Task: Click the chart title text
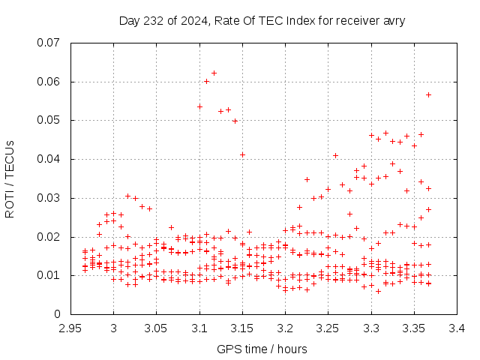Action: (262, 20)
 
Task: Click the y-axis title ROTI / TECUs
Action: (10, 178)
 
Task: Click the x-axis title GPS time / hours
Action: (262, 349)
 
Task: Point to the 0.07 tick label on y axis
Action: (49, 43)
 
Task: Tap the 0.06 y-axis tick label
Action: (49, 82)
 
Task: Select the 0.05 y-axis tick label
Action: (49, 120)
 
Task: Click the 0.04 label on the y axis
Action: (49, 159)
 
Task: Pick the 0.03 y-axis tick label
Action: (49, 198)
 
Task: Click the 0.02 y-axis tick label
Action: (49, 237)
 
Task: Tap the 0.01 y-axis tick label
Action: (49, 275)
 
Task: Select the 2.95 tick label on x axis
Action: (70, 328)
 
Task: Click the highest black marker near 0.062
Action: (214, 73)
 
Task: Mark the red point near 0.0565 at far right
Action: (428, 94)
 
